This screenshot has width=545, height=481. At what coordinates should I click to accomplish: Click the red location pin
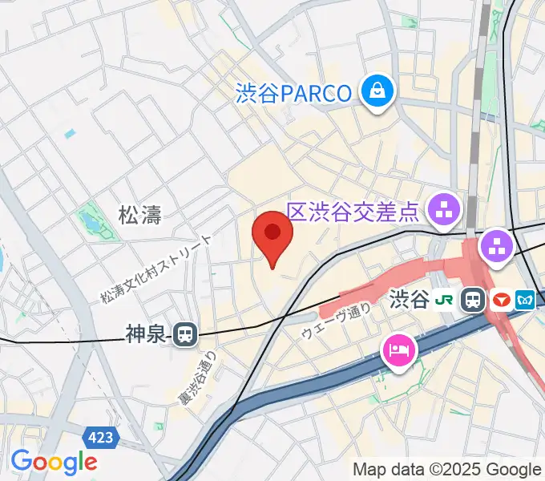click(x=272, y=235)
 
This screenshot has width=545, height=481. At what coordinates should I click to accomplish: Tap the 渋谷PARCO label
click(x=294, y=94)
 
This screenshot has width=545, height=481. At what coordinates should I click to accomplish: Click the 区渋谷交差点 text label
click(x=353, y=212)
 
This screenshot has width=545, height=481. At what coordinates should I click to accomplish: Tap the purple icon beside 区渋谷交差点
click(x=444, y=212)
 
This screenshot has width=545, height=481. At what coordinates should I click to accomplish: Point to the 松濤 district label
click(x=140, y=215)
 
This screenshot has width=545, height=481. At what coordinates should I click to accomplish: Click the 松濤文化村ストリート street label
click(x=156, y=269)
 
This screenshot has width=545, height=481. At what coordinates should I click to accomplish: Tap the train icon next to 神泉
click(x=185, y=334)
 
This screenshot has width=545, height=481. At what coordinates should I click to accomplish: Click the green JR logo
click(x=443, y=301)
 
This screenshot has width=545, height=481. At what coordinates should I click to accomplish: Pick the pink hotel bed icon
click(x=398, y=350)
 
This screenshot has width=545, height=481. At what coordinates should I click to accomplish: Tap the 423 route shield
click(x=102, y=437)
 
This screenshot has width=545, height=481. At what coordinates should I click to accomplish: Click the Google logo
click(x=54, y=462)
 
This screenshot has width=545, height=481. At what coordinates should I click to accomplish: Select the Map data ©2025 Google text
click(x=447, y=469)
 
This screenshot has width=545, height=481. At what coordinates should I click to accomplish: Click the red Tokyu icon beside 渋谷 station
click(x=500, y=301)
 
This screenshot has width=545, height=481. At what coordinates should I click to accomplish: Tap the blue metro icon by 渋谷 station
click(x=526, y=301)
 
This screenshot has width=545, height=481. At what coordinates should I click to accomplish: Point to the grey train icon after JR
click(x=473, y=301)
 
